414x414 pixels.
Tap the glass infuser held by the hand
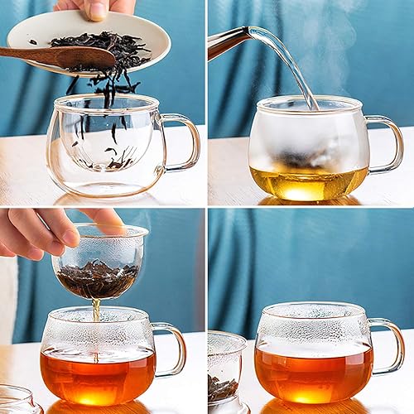point(99,261)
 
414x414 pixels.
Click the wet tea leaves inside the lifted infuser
point(98,279)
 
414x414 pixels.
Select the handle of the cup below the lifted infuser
point(171,348)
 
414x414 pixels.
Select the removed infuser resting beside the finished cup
point(225,373)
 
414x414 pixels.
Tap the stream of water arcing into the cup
point(290,58)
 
